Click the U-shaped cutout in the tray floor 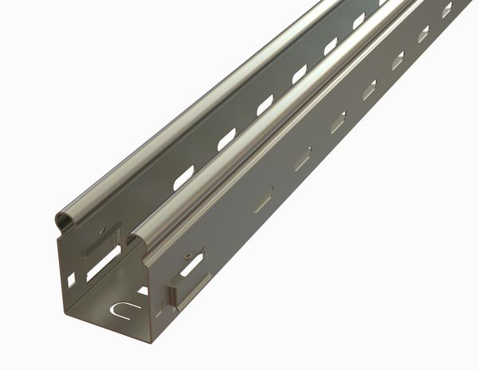pyautogui.click(x=121, y=307)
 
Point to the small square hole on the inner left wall pyautogui.click(x=71, y=279)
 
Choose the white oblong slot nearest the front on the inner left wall pyautogui.click(x=185, y=177)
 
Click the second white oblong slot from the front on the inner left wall pyautogui.click(x=227, y=139)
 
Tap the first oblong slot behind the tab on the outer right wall pyautogui.click(x=264, y=199)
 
